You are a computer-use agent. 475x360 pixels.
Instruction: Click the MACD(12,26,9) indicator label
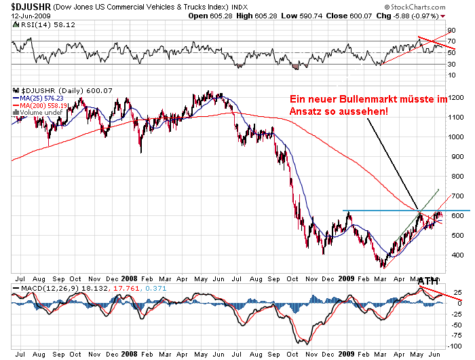click(47, 289)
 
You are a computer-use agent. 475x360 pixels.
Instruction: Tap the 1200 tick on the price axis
click(457, 98)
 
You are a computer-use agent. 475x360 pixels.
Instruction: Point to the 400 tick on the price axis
click(455, 255)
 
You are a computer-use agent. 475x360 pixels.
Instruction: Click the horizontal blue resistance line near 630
click(380, 211)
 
